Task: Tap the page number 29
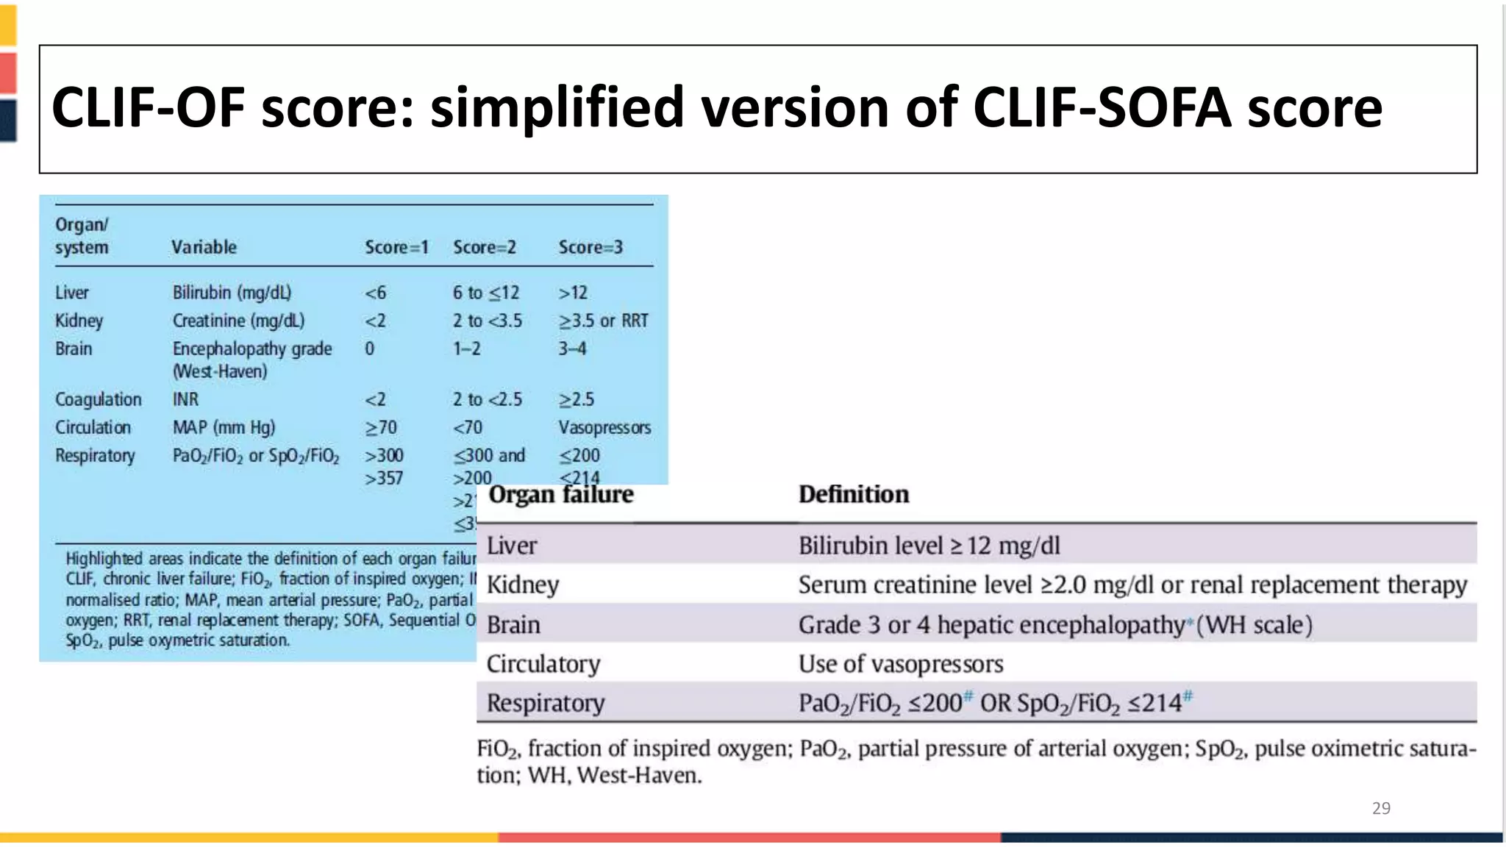(x=1381, y=808)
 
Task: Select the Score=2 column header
(x=485, y=248)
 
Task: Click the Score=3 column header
(x=590, y=248)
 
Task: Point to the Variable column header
(x=204, y=248)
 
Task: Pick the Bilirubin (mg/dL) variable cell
(x=232, y=293)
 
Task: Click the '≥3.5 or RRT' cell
(x=603, y=321)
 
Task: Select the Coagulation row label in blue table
(x=99, y=400)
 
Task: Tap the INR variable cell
(x=185, y=400)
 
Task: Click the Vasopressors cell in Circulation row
(x=604, y=428)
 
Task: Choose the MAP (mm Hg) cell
(x=224, y=428)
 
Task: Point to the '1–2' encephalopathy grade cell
(x=467, y=349)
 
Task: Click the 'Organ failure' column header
(x=561, y=495)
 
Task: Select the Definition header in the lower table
(x=854, y=495)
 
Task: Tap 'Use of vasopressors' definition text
(x=901, y=665)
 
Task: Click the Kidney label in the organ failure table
(x=523, y=585)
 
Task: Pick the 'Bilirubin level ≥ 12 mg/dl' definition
(x=929, y=546)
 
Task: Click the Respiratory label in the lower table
(x=546, y=704)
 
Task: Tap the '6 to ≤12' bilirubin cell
(x=485, y=293)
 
